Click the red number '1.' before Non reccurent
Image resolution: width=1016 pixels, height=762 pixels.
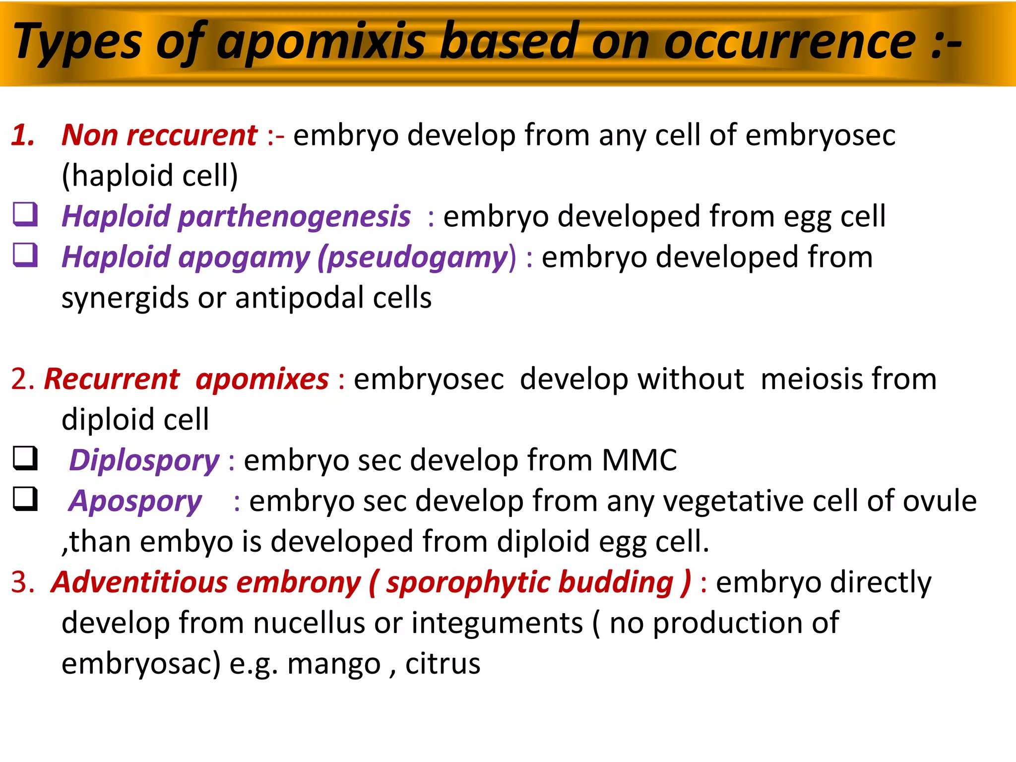coord(23,135)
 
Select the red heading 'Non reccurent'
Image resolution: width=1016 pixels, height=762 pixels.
coord(159,135)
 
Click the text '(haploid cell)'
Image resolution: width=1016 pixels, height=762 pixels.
coord(150,176)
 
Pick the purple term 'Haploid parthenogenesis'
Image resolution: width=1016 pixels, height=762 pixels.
coord(236,217)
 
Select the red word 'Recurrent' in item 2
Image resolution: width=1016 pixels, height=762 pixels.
coord(112,379)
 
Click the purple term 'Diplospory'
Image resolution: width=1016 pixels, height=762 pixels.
coord(144,460)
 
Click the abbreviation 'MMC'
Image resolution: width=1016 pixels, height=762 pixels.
coord(639,460)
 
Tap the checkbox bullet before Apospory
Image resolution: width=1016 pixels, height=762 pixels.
coord(25,499)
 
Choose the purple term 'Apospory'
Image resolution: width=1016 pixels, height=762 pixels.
coord(135,501)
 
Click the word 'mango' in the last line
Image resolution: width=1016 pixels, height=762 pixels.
coord(333,664)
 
